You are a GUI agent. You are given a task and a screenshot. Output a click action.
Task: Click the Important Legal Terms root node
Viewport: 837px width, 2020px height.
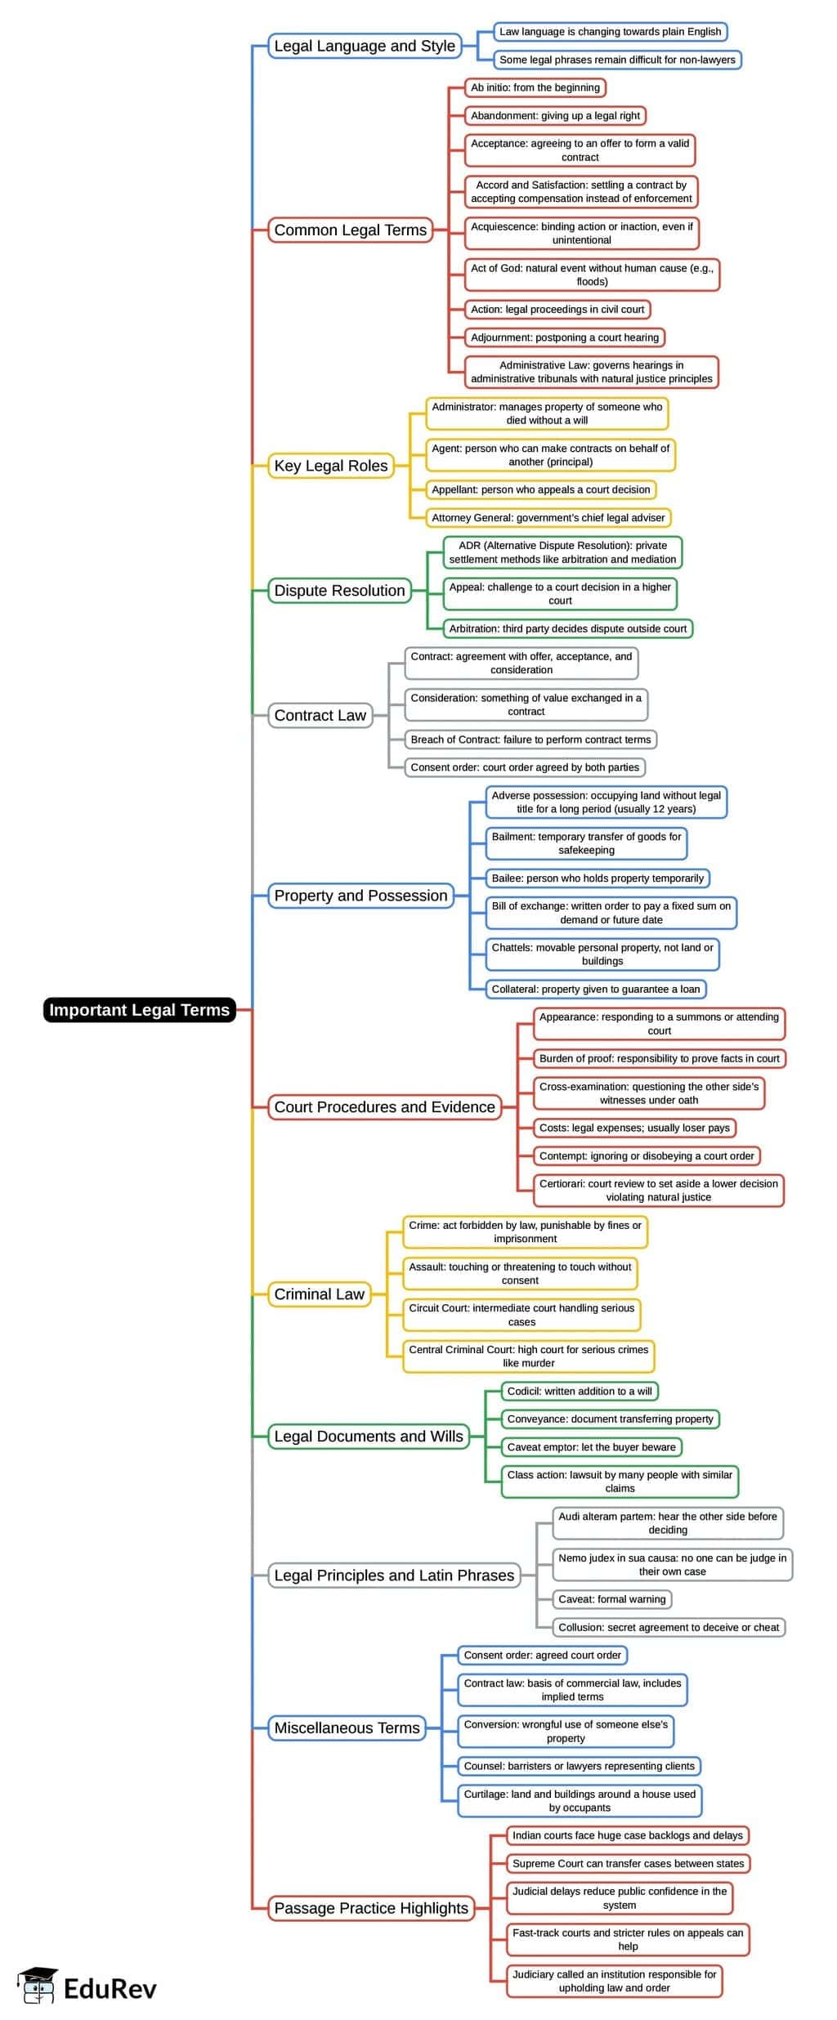tap(139, 1009)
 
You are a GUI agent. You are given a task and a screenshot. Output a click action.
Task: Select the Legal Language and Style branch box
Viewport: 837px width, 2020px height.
tap(364, 46)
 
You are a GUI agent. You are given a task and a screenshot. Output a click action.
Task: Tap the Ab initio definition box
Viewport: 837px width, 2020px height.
tap(535, 87)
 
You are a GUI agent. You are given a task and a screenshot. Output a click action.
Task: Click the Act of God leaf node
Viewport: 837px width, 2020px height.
tap(591, 275)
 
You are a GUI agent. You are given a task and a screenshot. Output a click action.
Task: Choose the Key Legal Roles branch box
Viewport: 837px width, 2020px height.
tap(330, 466)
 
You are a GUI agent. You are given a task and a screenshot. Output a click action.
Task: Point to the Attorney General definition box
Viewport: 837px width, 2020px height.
tap(548, 517)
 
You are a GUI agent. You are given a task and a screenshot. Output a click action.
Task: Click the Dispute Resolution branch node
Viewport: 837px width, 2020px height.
tap(339, 590)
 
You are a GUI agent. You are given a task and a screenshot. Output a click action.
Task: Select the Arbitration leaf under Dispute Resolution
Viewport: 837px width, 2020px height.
tap(567, 628)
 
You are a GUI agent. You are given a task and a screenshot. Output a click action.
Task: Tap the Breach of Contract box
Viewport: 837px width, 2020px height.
tap(530, 740)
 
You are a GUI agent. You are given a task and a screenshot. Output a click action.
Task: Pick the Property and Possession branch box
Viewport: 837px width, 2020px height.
tap(360, 896)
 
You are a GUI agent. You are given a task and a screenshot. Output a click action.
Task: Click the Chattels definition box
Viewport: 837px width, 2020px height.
tap(602, 954)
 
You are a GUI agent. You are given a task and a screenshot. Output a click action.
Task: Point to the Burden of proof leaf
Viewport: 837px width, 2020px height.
tap(659, 1058)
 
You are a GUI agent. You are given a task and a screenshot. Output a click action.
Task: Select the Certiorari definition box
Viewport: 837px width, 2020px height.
tap(658, 1190)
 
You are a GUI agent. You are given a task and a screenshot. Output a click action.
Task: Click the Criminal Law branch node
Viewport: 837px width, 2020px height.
tap(319, 1294)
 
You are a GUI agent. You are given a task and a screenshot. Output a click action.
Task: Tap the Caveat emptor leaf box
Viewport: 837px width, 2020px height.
tap(591, 1446)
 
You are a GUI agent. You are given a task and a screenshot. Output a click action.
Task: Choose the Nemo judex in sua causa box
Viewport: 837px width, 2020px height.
tap(672, 1564)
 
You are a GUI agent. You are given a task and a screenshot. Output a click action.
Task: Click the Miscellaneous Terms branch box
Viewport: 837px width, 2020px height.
tap(347, 1727)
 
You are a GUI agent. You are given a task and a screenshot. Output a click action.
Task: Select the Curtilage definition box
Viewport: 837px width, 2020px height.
tap(580, 1800)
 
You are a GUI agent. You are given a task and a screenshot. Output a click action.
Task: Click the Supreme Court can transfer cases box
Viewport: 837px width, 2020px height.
tap(628, 1863)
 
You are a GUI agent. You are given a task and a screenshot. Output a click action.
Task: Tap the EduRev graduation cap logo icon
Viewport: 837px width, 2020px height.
tap(38, 1986)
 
